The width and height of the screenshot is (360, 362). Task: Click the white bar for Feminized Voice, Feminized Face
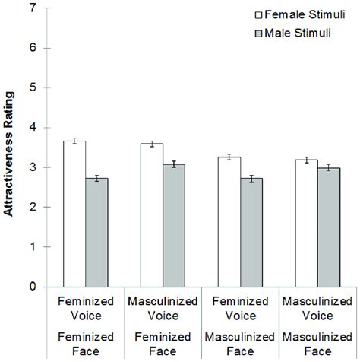pos(74,214)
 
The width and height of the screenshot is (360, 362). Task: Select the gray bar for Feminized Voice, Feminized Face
pos(96,232)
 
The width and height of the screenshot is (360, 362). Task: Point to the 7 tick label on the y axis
pos(31,8)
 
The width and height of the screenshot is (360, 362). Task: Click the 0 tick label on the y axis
pos(31,287)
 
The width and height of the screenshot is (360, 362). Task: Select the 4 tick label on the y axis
pos(31,128)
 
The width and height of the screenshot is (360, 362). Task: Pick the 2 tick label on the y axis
pos(31,207)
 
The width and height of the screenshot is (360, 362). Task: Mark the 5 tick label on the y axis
pos(31,87)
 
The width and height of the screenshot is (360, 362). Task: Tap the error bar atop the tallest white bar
pos(74,141)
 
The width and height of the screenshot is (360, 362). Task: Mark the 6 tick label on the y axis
pos(31,48)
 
